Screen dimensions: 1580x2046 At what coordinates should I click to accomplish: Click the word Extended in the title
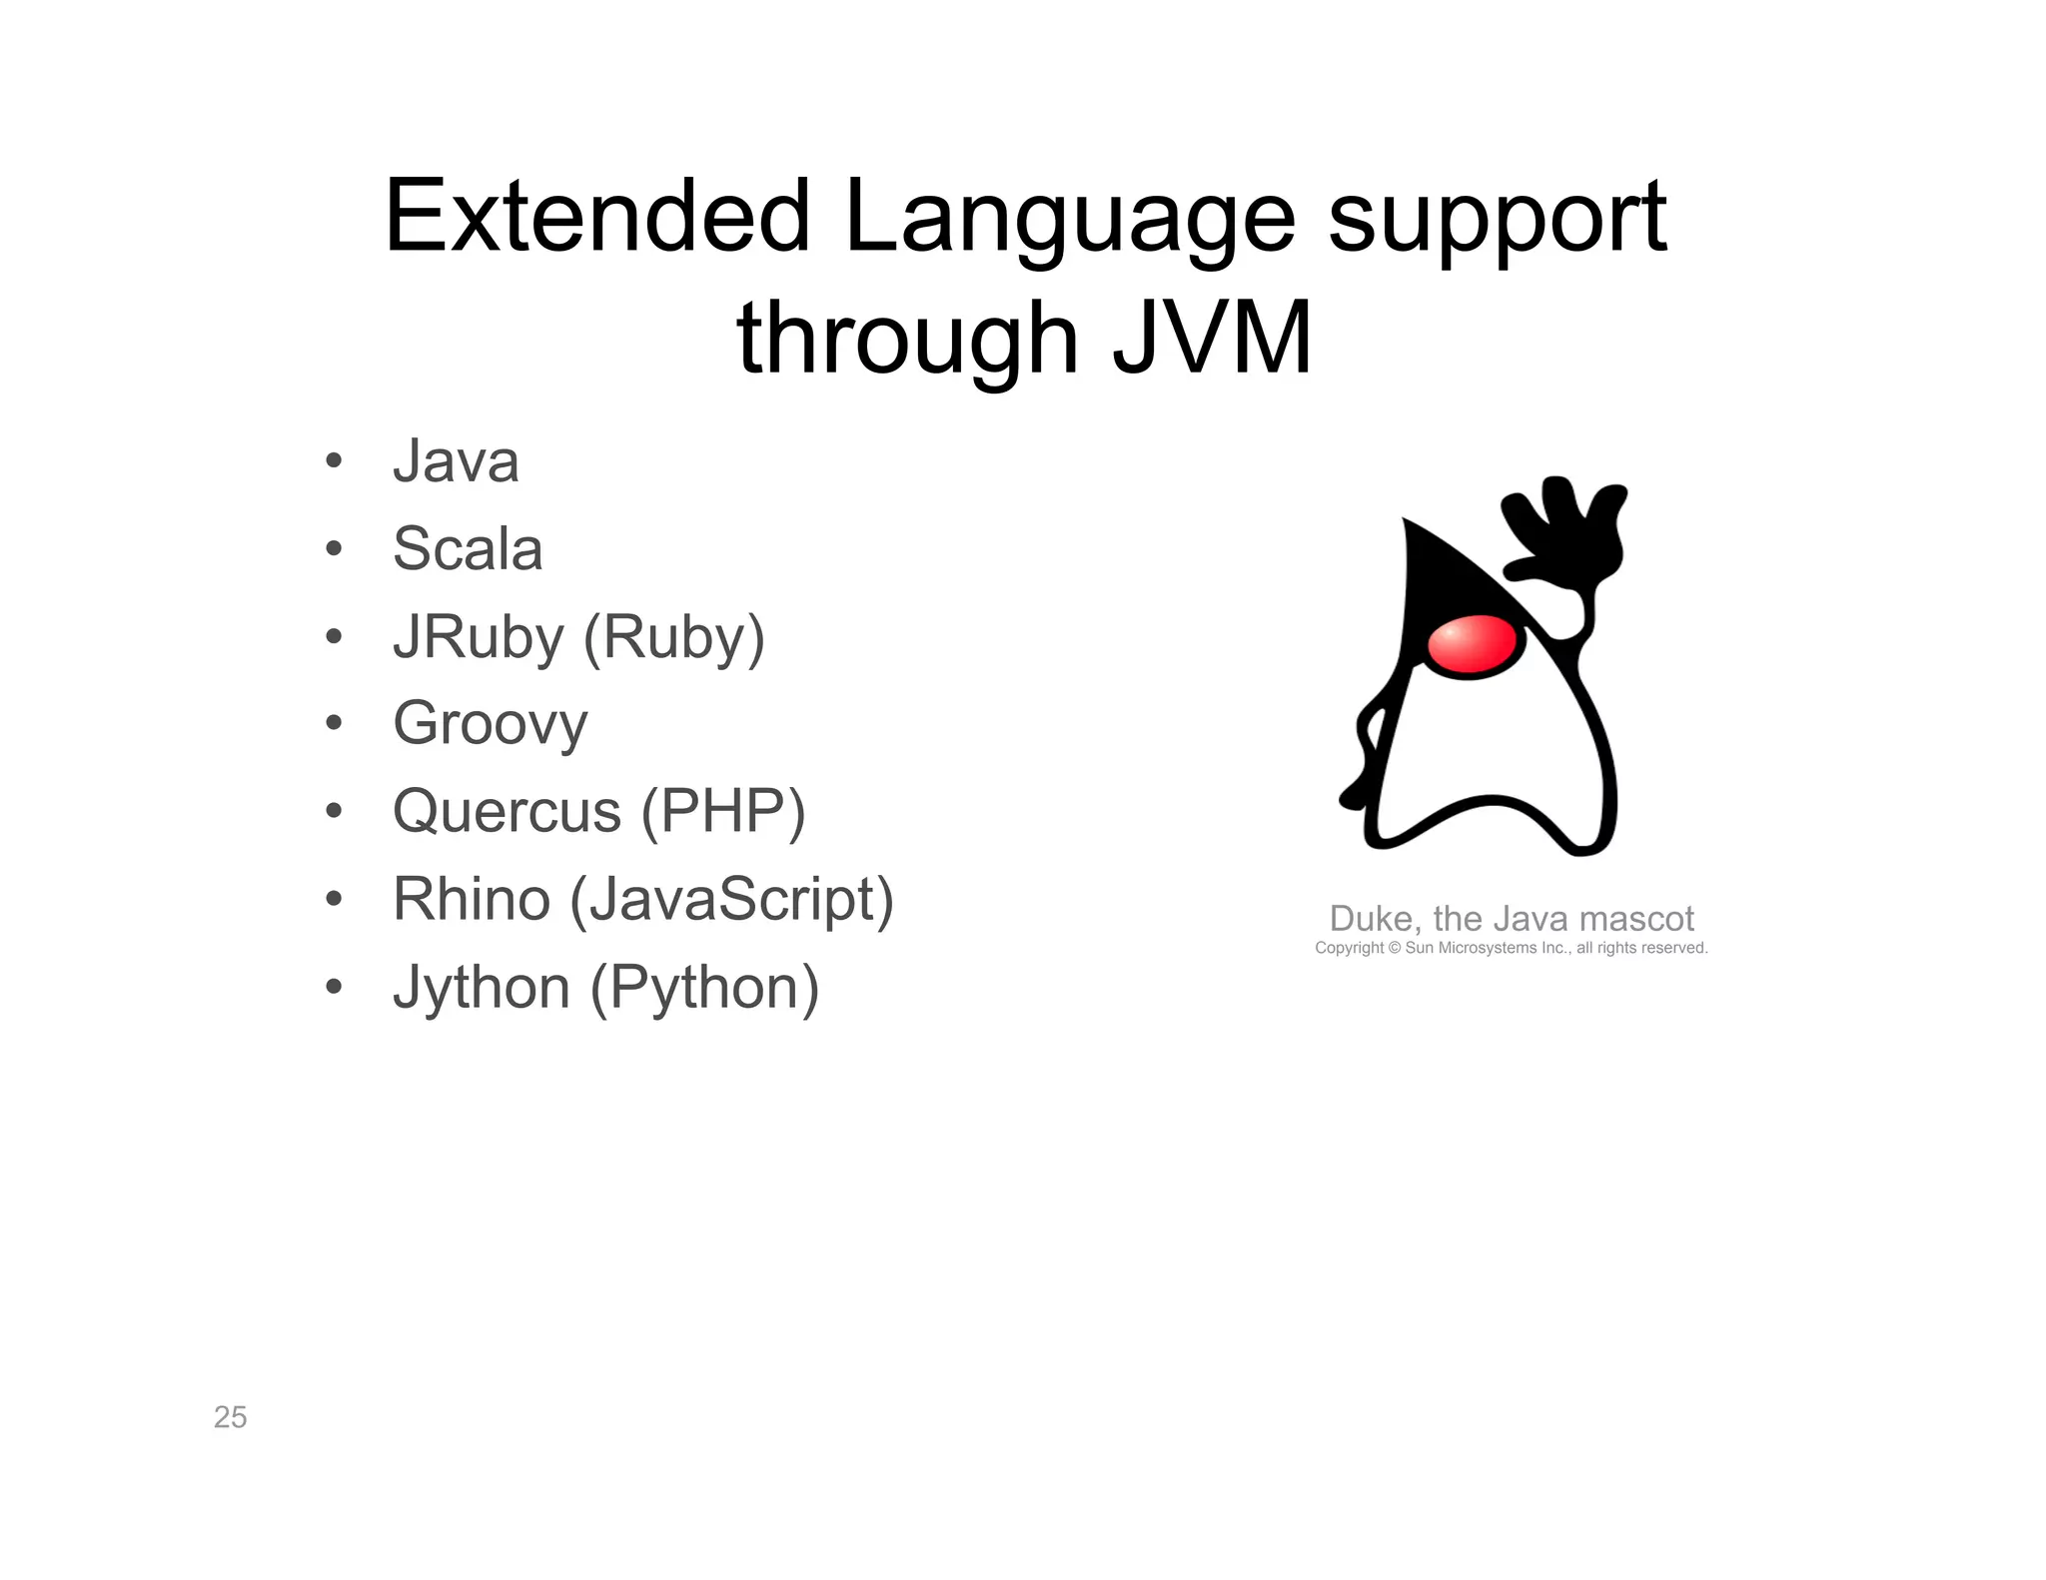596,217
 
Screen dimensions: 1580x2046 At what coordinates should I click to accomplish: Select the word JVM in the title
1211,340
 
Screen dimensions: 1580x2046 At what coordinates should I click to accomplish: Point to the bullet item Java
456,462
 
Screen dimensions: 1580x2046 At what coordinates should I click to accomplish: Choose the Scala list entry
468,549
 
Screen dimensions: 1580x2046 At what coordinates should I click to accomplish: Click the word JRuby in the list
479,638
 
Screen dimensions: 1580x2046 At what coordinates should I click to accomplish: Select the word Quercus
507,811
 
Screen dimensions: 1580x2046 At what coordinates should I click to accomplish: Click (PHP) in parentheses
722,812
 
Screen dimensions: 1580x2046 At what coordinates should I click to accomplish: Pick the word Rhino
472,899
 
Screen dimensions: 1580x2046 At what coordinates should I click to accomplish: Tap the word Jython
482,988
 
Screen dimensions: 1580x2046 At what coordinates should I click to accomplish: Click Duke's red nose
1472,646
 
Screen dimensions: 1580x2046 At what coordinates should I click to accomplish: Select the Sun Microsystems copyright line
1511,948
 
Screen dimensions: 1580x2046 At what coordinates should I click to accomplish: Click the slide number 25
230,1417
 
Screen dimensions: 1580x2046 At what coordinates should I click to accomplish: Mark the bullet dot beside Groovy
334,723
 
